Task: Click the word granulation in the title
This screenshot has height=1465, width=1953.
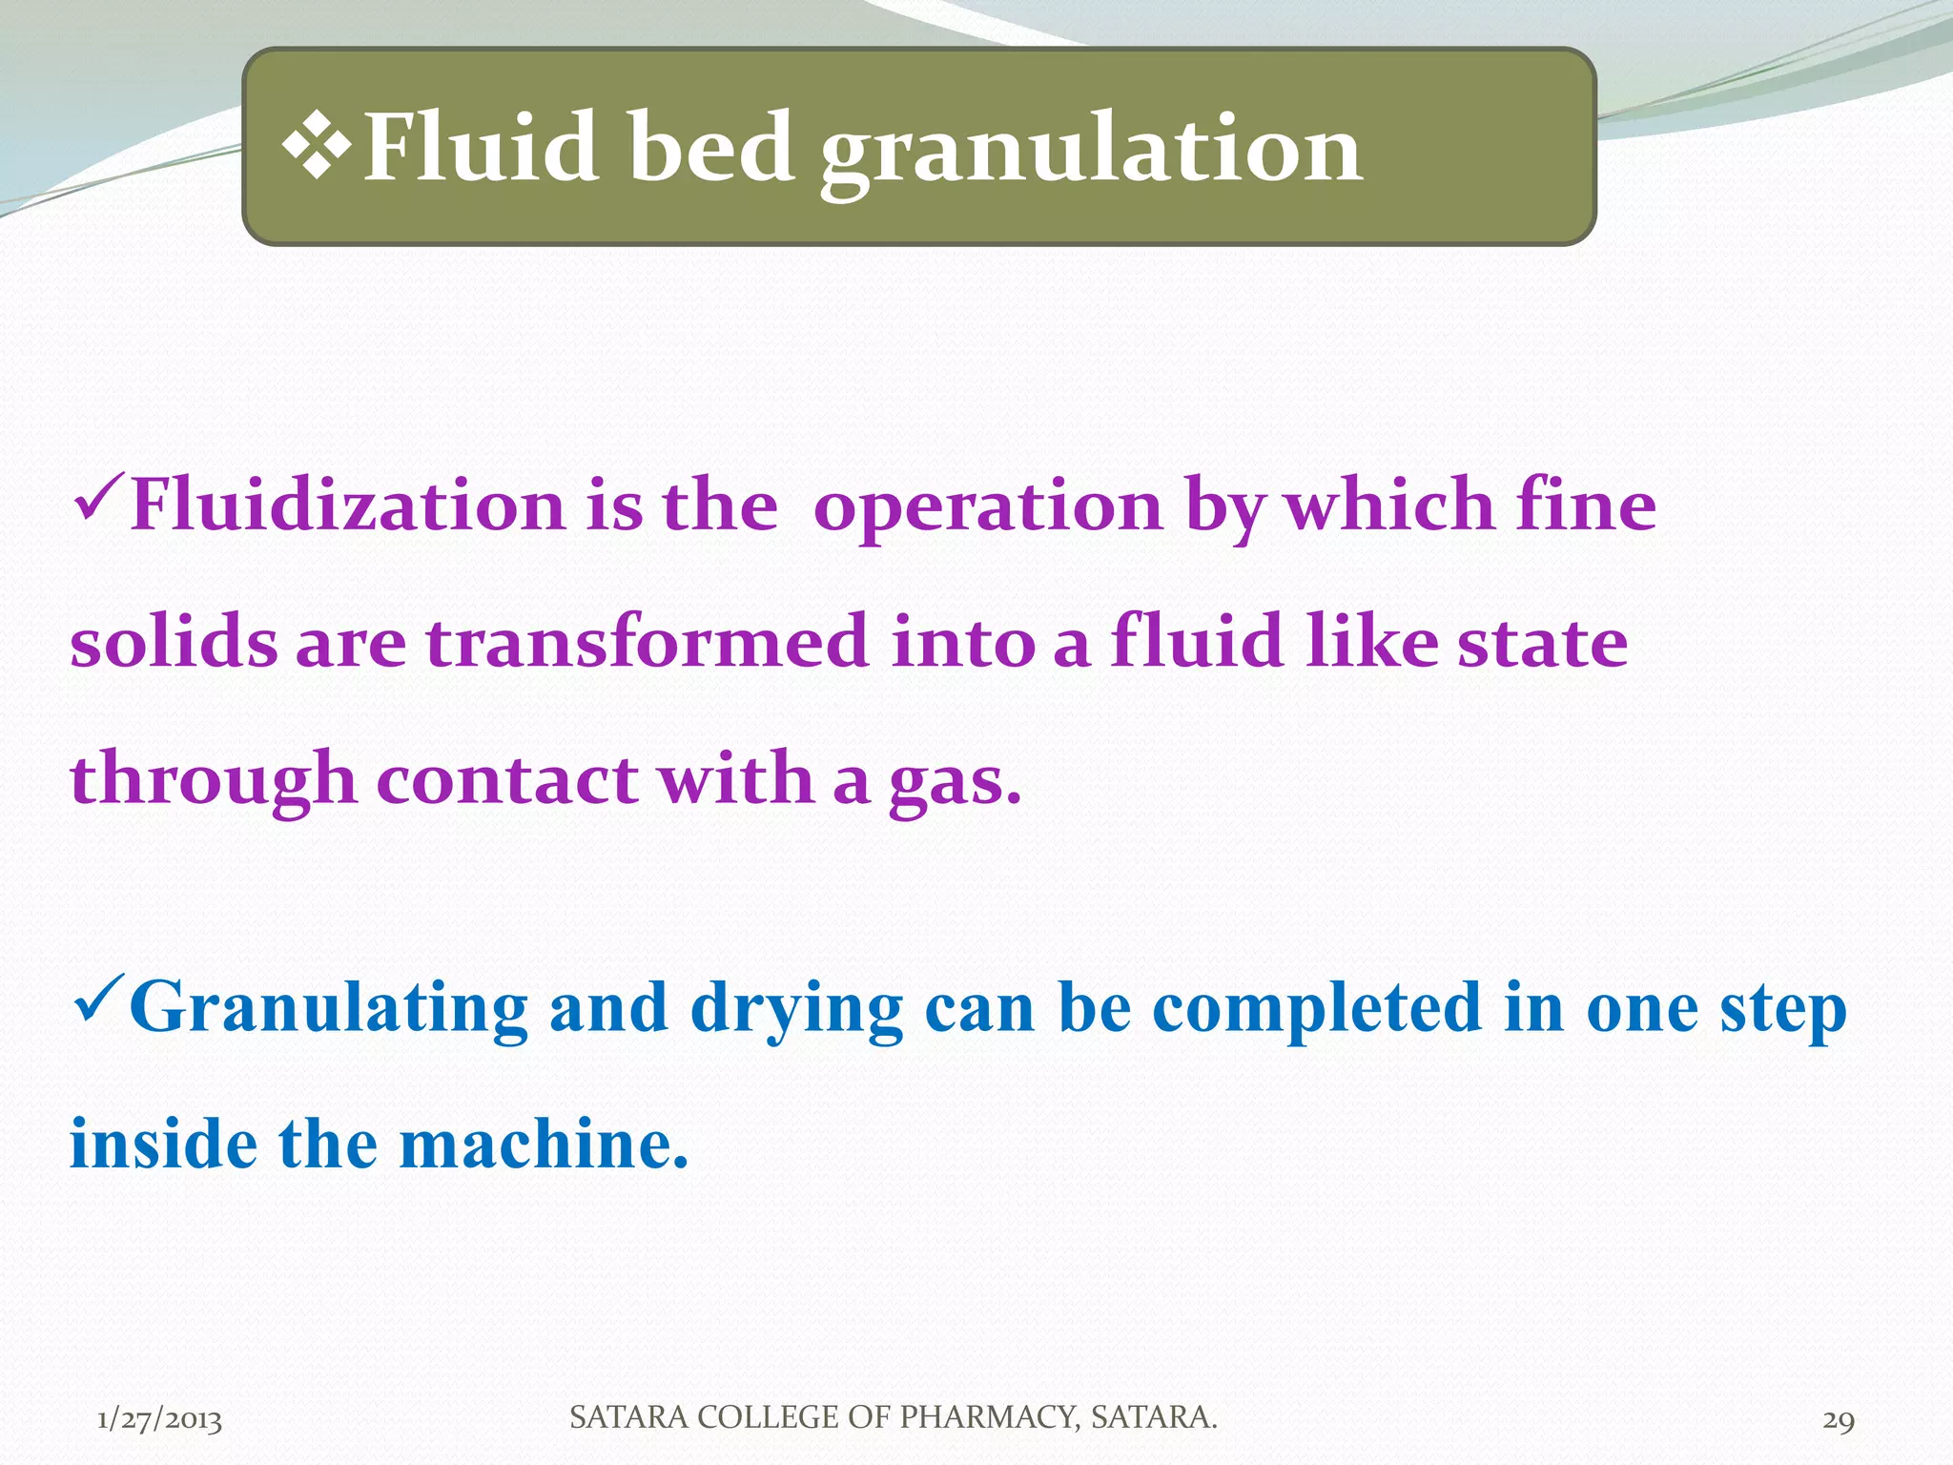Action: (x=1092, y=151)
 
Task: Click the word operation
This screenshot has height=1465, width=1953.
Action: (x=988, y=507)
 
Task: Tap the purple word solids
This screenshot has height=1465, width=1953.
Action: (x=174, y=641)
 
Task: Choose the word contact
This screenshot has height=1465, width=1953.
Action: (x=507, y=778)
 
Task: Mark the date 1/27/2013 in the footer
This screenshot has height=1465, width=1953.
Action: (x=159, y=1419)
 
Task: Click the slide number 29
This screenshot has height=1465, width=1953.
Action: (x=1839, y=1419)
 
